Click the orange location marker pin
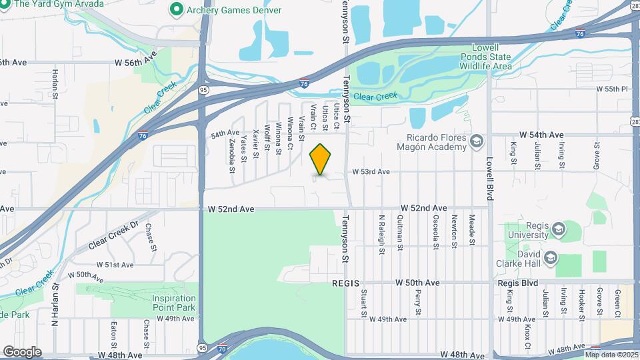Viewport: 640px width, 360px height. [x=321, y=159]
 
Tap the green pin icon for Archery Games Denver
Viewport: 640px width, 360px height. [x=177, y=9]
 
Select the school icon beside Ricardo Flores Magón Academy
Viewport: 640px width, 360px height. [x=476, y=141]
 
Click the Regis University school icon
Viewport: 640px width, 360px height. [x=558, y=231]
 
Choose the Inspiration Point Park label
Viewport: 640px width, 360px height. [x=174, y=303]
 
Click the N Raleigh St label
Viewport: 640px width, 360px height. [x=383, y=229]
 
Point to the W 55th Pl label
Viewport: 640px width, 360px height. [x=612, y=89]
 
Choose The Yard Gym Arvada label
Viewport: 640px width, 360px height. [x=59, y=4]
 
